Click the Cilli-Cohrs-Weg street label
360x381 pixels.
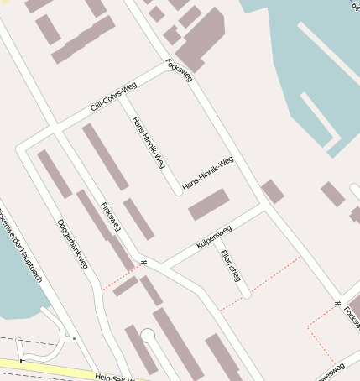click(113, 99)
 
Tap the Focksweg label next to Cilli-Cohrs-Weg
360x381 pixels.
click(180, 70)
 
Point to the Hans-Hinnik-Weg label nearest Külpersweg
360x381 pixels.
click(207, 172)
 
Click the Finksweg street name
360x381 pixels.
click(111, 217)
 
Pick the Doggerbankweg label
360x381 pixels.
click(72, 244)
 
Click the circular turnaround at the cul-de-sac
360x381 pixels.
click(149, 336)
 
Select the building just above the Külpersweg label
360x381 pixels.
click(209, 204)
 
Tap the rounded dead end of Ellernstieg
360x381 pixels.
click(247, 295)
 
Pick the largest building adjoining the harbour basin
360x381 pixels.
click(201, 39)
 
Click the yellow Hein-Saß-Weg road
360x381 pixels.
click(50, 368)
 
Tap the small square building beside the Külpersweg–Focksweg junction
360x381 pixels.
click(273, 190)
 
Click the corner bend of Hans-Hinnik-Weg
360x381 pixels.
click(178, 191)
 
